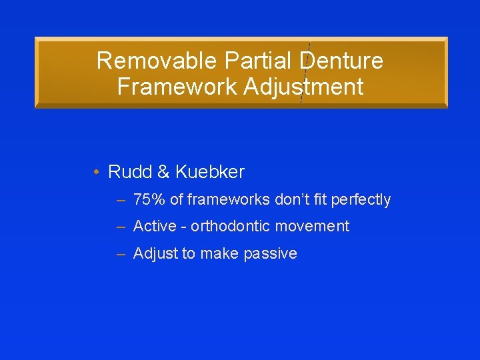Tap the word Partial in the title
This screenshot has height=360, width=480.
[261, 61]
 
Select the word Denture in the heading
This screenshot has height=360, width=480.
[343, 61]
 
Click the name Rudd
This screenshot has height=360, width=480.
[130, 172]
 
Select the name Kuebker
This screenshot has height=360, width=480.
[210, 172]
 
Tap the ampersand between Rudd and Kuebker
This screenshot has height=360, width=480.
[164, 172]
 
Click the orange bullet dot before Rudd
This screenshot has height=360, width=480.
[97, 173]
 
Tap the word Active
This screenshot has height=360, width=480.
[155, 227]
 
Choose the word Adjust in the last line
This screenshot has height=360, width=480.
[153, 254]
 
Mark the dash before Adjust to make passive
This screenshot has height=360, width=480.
[121, 254]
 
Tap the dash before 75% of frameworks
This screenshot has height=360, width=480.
[121, 200]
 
